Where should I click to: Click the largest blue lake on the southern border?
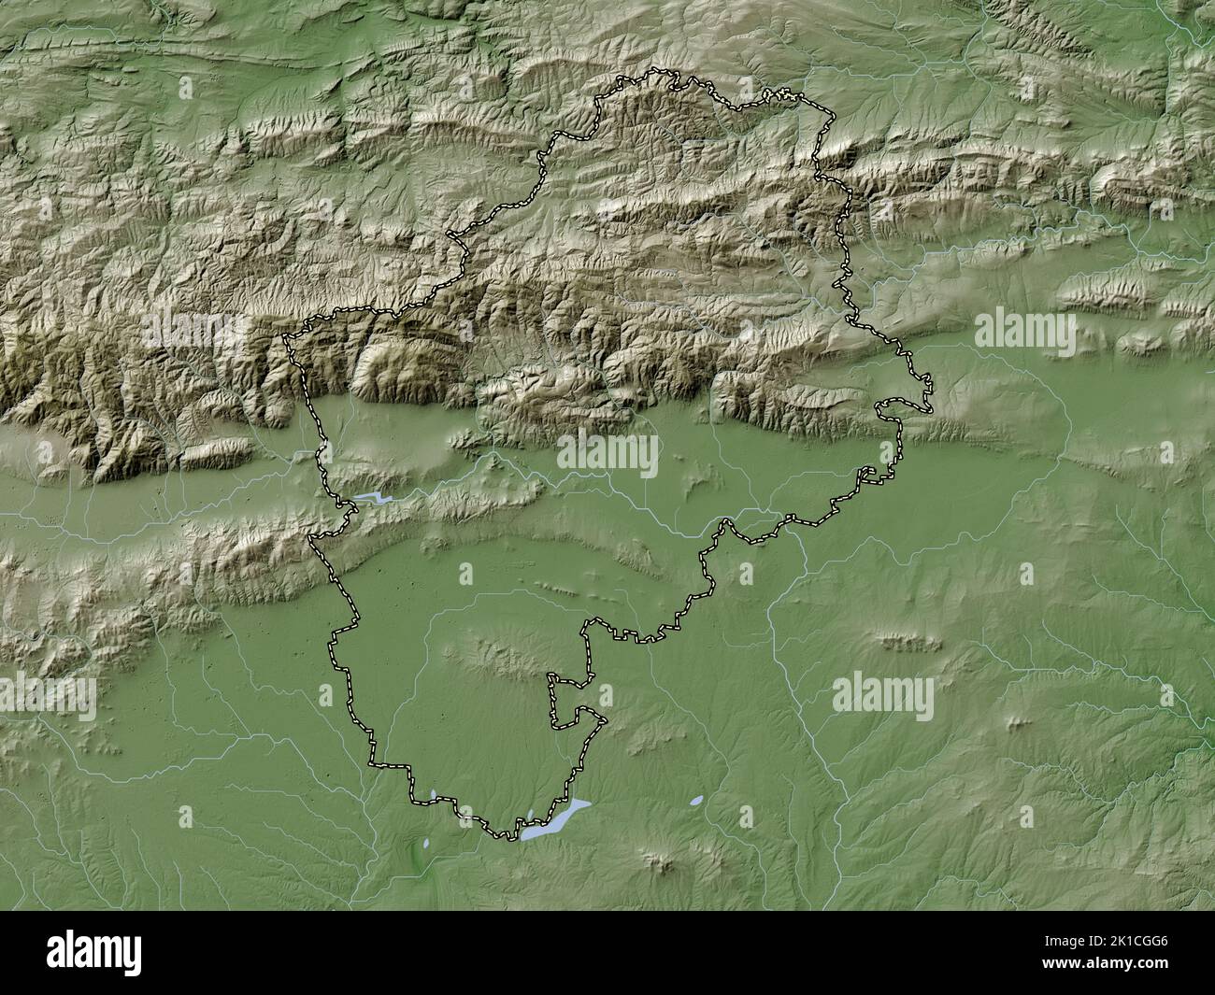557,819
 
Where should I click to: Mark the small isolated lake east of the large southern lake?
696,802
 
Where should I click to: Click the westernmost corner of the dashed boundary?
286,337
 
